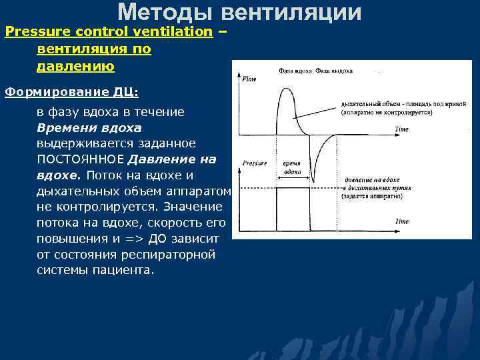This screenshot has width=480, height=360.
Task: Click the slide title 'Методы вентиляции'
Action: [240, 12]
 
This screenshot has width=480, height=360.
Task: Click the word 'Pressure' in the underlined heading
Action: [33, 32]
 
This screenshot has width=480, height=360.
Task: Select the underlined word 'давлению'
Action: [75, 67]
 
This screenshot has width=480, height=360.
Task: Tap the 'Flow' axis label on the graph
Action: [248, 79]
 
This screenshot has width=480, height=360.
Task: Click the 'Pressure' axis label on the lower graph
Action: [254, 163]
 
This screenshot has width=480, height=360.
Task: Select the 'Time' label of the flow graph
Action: [401, 129]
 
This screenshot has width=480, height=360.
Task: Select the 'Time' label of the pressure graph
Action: [401, 221]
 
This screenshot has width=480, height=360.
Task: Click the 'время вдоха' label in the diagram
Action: [292, 167]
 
